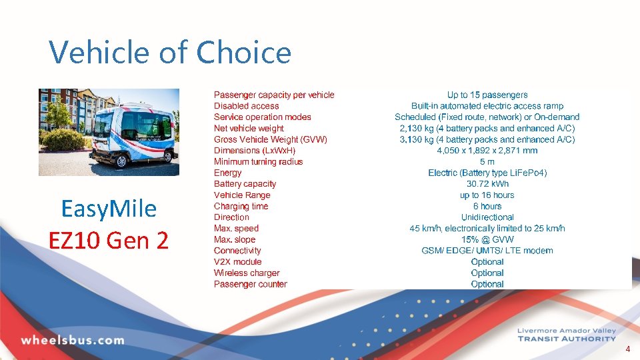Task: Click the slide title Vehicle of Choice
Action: click(170, 52)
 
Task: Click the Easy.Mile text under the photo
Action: click(109, 209)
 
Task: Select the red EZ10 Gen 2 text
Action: click(109, 239)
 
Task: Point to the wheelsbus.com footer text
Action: click(73, 340)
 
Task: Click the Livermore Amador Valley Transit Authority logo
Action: click(566, 335)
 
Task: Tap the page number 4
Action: click(627, 349)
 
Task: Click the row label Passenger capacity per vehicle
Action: click(274, 95)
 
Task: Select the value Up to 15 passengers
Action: click(487, 95)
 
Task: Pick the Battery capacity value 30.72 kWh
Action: click(487, 184)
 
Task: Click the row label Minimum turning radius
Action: click(258, 161)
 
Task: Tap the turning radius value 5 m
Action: click(487, 161)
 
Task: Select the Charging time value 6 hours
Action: click(487, 206)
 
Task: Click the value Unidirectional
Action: click(487, 217)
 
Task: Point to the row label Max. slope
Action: click(235, 239)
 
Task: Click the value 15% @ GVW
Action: click(487, 239)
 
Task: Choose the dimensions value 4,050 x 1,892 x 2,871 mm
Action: click(487, 151)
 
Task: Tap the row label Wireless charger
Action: click(247, 273)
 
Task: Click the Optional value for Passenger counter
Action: click(487, 284)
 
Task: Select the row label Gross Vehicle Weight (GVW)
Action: click(271, 139)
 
